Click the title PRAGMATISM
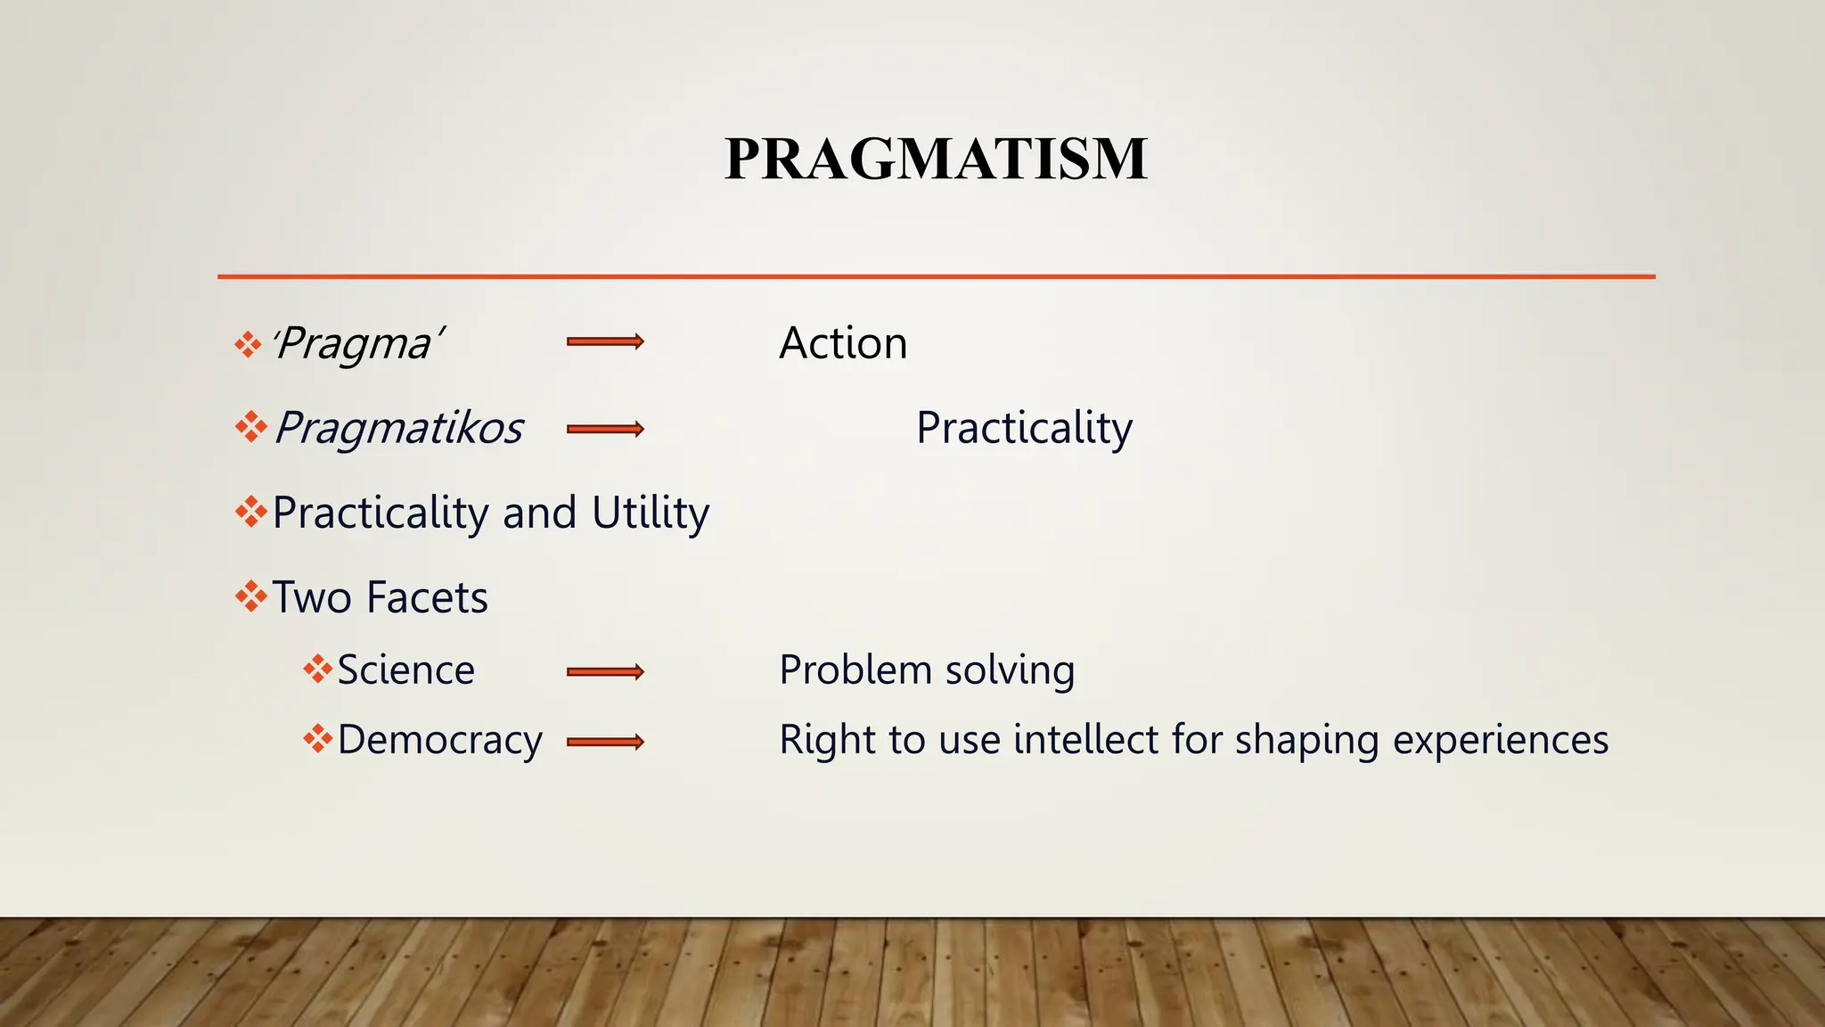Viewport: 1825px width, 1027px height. tap(936, 160)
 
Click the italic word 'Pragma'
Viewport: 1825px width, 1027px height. tap(356, 343)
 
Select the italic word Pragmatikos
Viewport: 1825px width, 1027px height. tap(398, 428)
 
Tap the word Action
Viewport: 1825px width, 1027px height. tap(843, 343)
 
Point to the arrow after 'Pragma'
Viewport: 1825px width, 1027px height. tap(605, 341)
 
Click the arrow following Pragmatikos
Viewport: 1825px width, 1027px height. tap(605, 430)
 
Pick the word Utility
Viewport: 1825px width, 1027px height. tap(651, 513)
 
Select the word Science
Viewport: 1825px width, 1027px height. tap(405, 670)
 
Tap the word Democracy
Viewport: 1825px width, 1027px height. tap(439, 740)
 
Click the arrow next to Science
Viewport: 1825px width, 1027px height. tap(605, 672)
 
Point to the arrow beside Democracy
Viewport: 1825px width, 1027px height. tap(605, 742)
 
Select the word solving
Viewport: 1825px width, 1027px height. tap(1010, 670)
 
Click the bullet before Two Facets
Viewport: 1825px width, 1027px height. tap(250, 596)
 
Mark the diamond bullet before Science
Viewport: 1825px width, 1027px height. tap(317, 670)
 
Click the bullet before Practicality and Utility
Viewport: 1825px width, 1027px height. tap(250, 512)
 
